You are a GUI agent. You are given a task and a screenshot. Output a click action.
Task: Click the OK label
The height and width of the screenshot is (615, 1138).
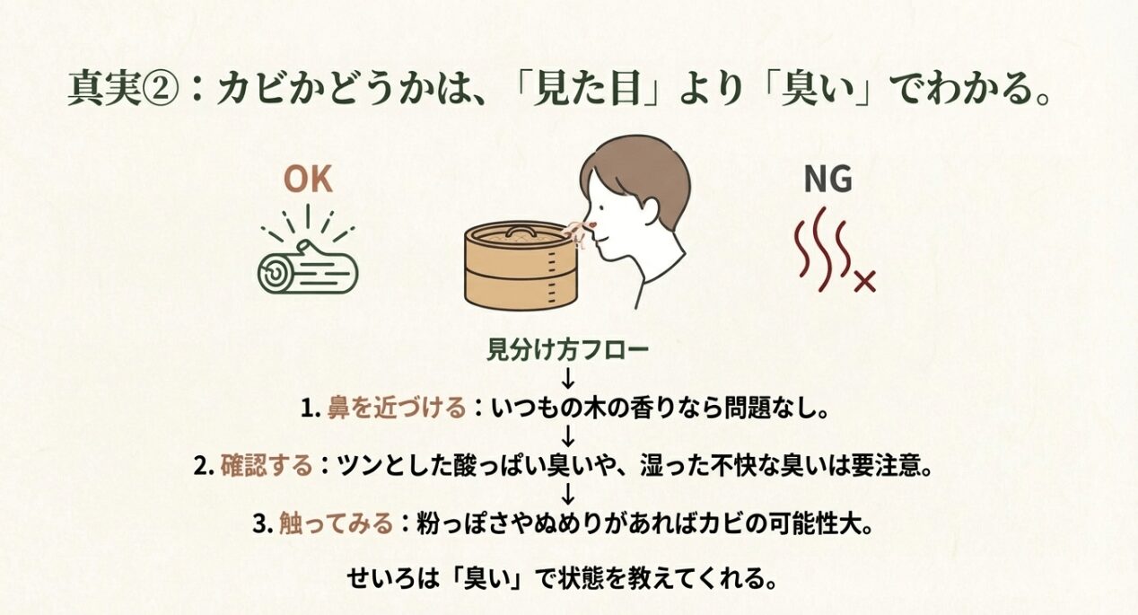pyautogui.click(x=308, y=180)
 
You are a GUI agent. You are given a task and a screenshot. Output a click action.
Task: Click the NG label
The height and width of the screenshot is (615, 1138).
pyautogui.click(x=827, y=180)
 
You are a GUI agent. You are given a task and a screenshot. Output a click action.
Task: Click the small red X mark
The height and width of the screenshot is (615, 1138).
pyautogui.click(x=864, y=283)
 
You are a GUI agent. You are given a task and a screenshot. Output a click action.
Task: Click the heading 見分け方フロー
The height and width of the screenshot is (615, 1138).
pyautogui.click(x=567, y=349)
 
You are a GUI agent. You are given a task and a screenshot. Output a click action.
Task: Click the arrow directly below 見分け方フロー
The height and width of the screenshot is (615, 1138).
pyautogui.click(x=567, y=378)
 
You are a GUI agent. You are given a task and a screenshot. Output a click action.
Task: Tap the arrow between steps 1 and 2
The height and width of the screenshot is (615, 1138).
pyautogui.click(x=567, y=437)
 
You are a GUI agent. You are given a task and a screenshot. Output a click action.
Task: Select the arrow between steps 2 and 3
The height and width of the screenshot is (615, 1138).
pyautogui.click(x=567, y=495)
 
